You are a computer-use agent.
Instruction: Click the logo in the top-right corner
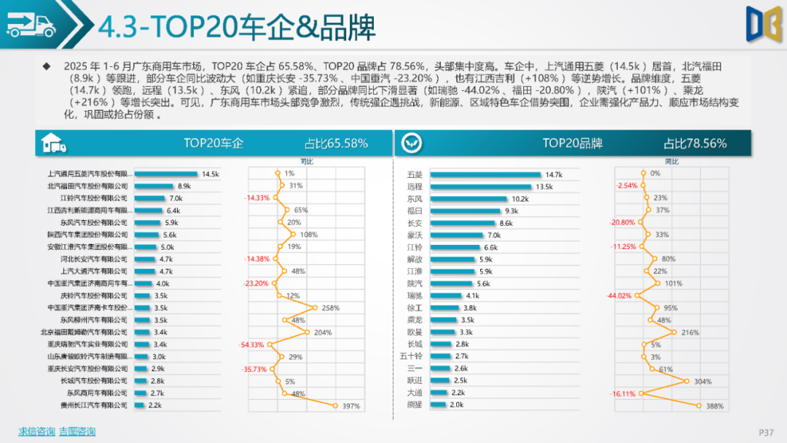pos(762,23)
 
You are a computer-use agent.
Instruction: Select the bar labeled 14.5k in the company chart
pos(167,174)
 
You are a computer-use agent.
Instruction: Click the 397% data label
pos(351,406)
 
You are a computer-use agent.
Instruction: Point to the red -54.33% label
pos(254,345)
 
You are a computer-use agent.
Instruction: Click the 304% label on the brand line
pos(702,381)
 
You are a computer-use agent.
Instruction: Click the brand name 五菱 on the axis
pos(415,175)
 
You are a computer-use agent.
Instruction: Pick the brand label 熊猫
pos(415,405)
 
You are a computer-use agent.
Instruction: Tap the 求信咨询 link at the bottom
pos(36,431)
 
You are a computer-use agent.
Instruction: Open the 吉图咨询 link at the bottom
pos(77,431)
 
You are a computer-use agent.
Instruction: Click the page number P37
pos(766,432)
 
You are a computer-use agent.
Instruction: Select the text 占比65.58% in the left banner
pos(336,144)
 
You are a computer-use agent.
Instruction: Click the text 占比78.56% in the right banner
pos(694,144)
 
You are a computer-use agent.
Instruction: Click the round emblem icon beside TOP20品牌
pos(412,144)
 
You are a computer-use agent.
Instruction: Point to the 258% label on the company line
pos(330,308)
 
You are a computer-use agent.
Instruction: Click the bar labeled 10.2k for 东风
pos(469,199)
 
